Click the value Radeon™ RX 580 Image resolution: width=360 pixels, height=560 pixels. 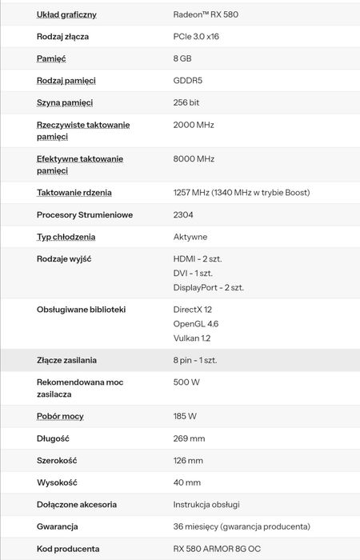206,14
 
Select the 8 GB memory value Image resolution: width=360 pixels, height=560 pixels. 182,59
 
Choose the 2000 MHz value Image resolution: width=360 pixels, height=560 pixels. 194,125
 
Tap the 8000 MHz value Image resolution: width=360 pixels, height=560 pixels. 194,159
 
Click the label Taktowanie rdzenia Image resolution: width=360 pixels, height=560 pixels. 74,193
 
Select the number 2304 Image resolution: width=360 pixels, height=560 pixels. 183,214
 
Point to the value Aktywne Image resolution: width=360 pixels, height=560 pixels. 190,237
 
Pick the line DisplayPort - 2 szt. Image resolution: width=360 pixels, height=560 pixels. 209,287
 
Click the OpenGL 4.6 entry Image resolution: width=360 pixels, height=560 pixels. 196,324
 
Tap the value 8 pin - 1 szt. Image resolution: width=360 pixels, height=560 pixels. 195,360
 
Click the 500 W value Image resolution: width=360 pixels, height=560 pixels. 186,382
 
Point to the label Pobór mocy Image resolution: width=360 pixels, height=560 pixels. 60,417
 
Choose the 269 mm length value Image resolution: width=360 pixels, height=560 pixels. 190,438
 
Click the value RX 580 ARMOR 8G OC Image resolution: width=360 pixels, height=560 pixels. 217,549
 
